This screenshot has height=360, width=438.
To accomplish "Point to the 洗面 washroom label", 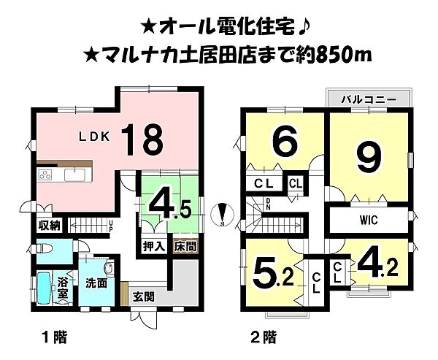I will point(95,282).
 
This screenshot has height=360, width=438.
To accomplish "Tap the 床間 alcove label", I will point(184,248).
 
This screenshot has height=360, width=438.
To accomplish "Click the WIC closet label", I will point(367,219).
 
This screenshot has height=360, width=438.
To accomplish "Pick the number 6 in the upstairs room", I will point(282,139).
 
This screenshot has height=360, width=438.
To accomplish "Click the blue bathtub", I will point(44,288).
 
